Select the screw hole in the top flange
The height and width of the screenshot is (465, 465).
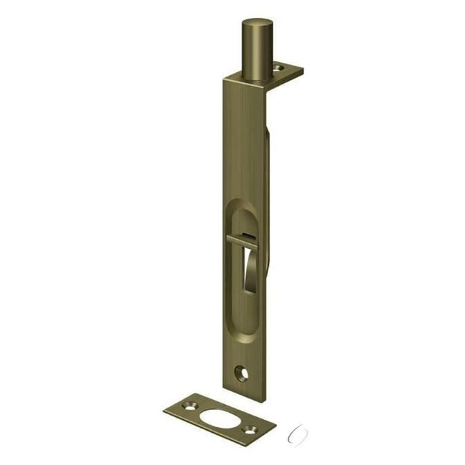click(x=279, y=69)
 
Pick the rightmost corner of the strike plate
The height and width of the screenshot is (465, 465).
click(x=275, y=424)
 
